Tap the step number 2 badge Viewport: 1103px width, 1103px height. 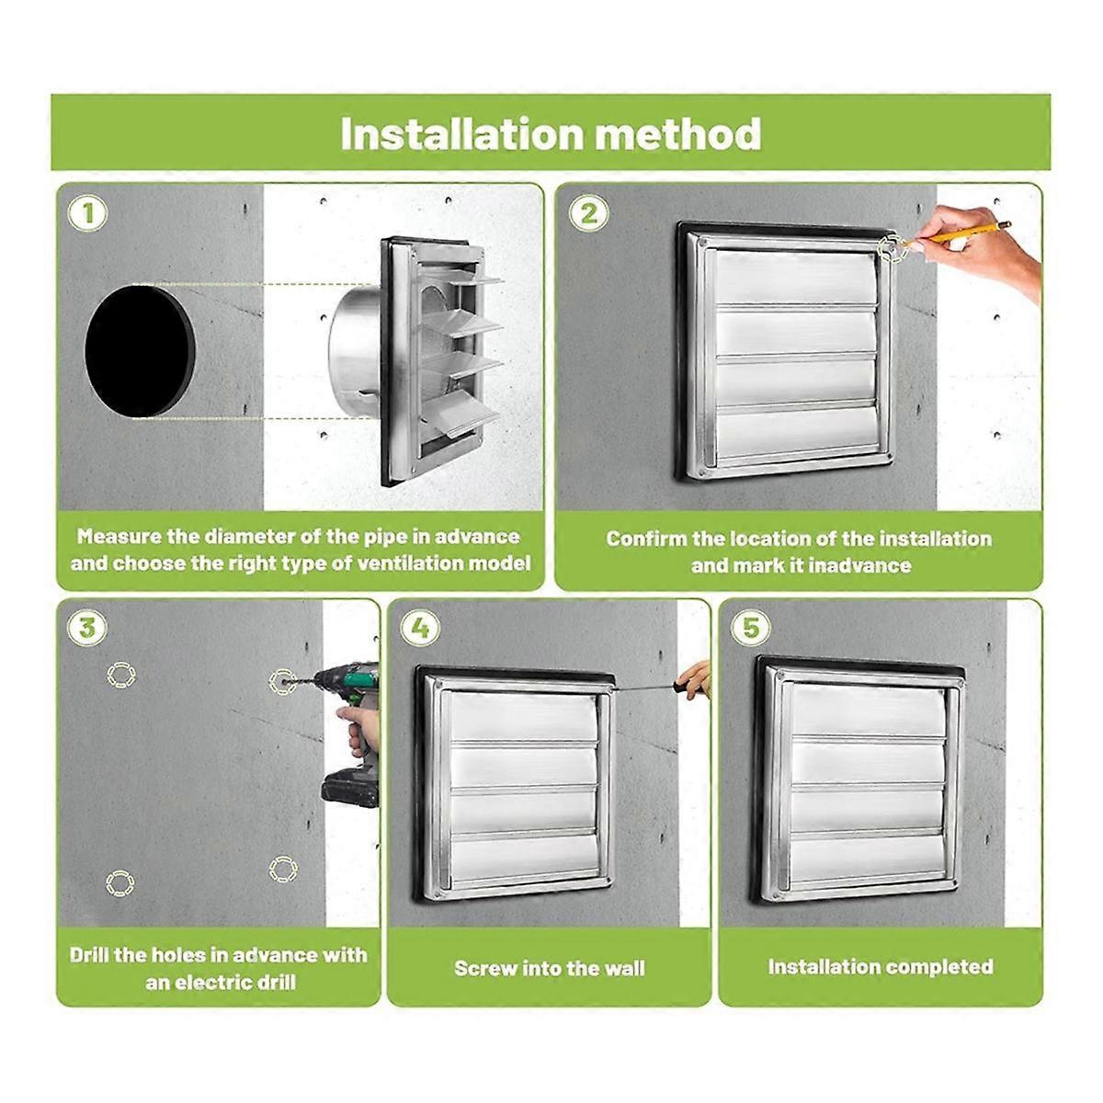588,214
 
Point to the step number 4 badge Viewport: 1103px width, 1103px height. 420,629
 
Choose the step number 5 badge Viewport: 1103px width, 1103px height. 751,629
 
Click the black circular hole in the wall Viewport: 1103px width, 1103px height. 140,351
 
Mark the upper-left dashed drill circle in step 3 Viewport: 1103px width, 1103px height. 120,676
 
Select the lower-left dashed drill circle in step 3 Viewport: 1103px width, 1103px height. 120,884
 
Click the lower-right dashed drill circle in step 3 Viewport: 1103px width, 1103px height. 283,869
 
